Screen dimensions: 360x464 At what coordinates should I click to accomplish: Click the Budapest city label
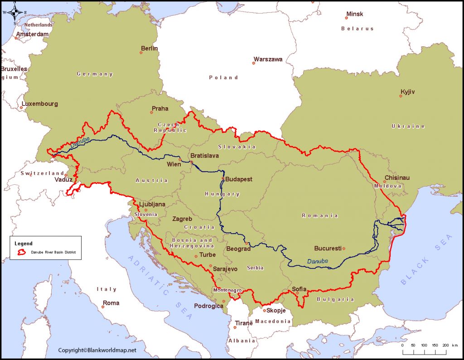pyautogui.click(x=239, y=179)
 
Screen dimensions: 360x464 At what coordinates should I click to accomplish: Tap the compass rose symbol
pyautogui.click(x=15, y=12)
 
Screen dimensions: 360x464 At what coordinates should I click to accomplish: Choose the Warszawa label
pyautogui.click(x=268, y=59)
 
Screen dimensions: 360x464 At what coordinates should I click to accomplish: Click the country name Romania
pyautogui.click(x=320, y=216)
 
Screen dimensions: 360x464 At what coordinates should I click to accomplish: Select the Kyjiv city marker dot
pyautogui.click(x=401, y=96)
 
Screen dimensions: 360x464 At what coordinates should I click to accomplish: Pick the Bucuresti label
pyautogui.click(x=327, y=249)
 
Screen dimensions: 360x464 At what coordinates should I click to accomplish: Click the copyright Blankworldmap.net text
pyautogui.click(x=97, y=350)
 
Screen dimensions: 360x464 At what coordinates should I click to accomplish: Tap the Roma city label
pyautogui.click(x=111, y=303)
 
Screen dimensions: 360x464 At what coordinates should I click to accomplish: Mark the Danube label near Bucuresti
pyautogui.click(x=317, y=261)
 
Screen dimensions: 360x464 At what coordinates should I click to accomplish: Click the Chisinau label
pyautogui.click(x=396, y=178)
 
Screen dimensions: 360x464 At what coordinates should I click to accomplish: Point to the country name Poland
pyautogui.click(x=223, y=77)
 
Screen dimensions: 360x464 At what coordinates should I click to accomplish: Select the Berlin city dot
pyautogui.click(x=141, y=53)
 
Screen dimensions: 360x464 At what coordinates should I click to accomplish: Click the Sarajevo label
pyautogui.click(x=225, y=269)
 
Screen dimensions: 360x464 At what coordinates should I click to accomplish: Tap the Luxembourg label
pyautogui.click(x=40, y=104)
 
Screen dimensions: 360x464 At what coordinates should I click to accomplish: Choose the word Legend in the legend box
pyautogui.click(x=23, y=244)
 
